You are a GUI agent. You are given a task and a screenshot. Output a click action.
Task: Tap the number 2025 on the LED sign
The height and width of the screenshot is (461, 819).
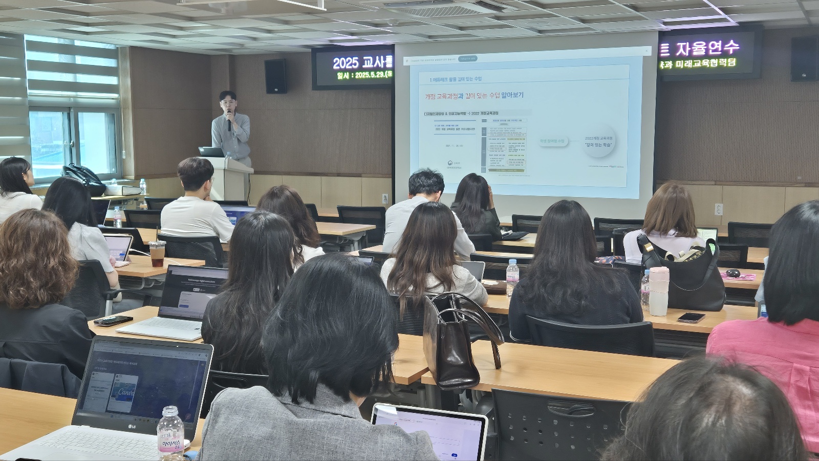click(x=346, y=63)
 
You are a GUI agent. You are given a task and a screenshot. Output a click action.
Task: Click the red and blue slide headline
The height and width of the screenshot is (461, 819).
click(x=474, y=96)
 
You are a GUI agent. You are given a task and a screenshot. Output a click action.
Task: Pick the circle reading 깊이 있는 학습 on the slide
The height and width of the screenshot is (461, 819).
click(x=599, y=142)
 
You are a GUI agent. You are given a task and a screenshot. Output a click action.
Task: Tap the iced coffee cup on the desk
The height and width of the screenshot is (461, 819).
click(x=157, y=254)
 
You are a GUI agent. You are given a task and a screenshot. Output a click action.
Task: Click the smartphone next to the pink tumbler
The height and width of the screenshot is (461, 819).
click(x=691, y=318)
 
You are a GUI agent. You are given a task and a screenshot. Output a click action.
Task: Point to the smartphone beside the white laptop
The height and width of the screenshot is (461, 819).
click(x=113, y=321)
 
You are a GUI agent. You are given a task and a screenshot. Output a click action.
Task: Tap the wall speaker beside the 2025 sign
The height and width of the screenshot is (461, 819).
click(x=275, y=76)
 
